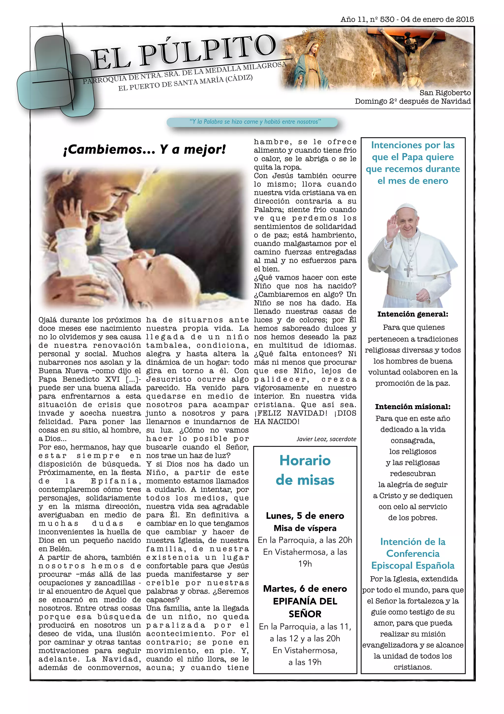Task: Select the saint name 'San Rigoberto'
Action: point(445,93)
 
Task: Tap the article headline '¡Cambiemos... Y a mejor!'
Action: point(144,150)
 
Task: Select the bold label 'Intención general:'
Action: point(412,314)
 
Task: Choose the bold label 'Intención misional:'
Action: point(412,407)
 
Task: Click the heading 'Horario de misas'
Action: point(305,470)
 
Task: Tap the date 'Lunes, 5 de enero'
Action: point(305,516)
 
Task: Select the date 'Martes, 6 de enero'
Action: point(305,589)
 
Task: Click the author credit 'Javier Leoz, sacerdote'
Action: point(326,439)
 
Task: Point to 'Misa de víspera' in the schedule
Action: point(305,528)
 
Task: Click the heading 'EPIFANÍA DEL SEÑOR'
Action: point(305,607)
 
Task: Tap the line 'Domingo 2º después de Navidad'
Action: point(412,101)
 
